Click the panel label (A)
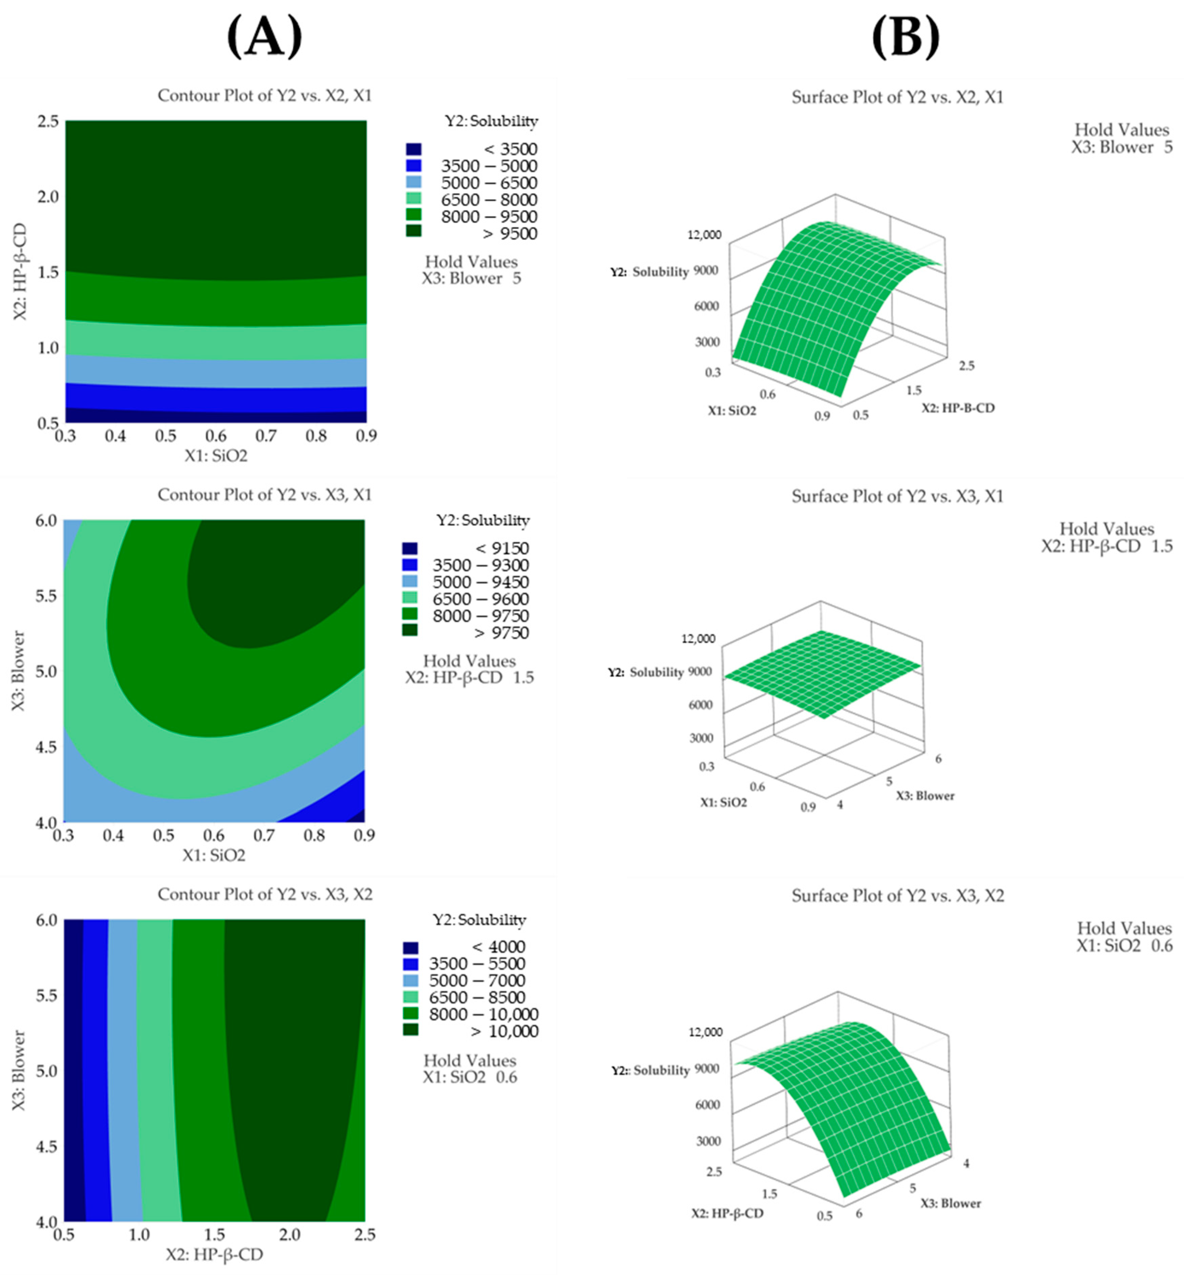(264, 37)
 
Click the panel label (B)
(904, 37)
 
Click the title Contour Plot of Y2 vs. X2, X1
(265, 95)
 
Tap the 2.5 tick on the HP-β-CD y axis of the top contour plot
(47, 121)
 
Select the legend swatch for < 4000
(410, 947)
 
